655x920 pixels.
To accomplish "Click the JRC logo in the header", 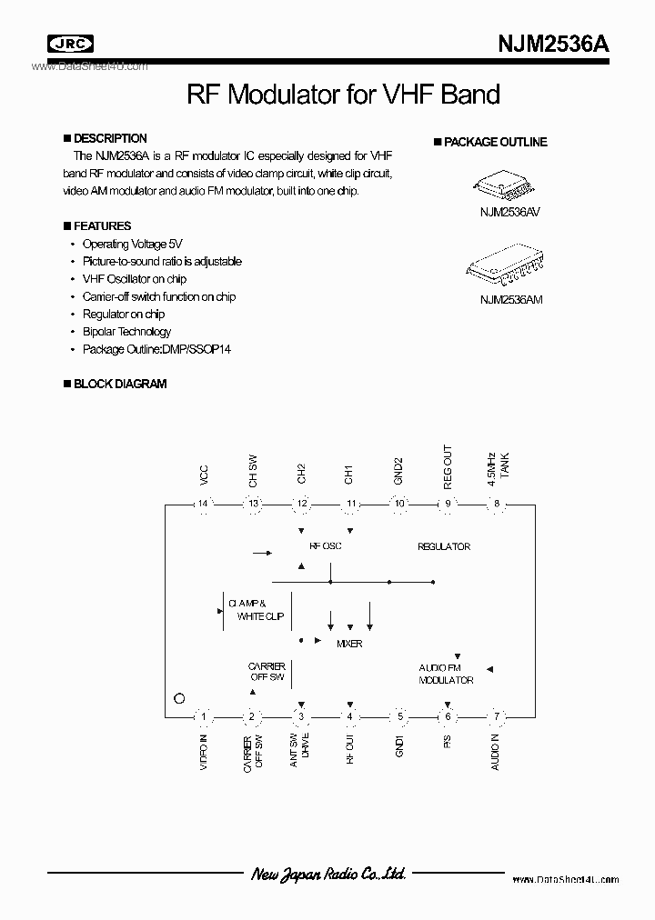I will pos(71,43).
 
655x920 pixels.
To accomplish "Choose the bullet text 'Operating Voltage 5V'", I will pos(132,244).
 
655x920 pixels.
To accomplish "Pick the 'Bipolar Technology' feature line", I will pos(126,332).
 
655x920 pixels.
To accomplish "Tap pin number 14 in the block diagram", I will pos(204,504).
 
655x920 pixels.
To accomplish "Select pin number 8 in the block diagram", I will pos(497,504).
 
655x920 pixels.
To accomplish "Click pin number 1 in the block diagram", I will pos(204,716).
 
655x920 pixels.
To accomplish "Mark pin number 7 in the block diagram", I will pos(497,716).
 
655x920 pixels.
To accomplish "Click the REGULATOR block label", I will pos(444,546).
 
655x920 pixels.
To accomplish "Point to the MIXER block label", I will pos(349,644).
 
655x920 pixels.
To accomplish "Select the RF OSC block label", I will pos(326,546).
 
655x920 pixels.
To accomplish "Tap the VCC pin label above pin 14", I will pos(204,474).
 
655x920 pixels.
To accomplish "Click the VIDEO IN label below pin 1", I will pos(204,752).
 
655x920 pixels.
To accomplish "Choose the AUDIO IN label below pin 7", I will pos(497,753).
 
